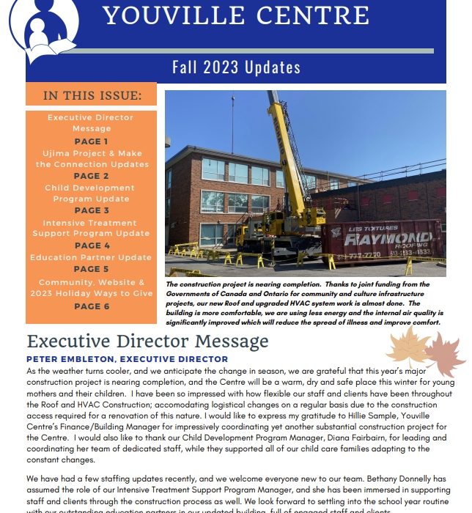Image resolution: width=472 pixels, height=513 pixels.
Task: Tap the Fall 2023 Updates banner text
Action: coord(236,67)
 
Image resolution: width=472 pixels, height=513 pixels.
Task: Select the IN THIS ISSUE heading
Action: coord(92,95)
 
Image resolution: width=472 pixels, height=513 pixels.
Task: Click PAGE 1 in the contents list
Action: coord(92,141)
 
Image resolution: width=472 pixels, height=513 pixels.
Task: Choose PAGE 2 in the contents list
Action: coord(92,176)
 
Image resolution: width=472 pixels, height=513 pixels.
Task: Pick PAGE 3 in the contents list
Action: coord(92,210)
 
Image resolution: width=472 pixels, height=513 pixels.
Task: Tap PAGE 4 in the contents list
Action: coord(92,246)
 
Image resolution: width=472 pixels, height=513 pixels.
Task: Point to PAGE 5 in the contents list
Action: coord(92,269)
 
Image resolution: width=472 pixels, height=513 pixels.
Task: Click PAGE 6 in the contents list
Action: coord(92,306)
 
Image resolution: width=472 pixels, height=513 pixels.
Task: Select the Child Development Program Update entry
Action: coord(92,193)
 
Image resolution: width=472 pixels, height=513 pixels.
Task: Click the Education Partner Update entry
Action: coord(92,257)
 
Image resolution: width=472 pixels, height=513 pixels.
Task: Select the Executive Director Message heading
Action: coord(147,341)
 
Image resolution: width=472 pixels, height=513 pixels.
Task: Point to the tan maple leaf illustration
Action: coord(408,346)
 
